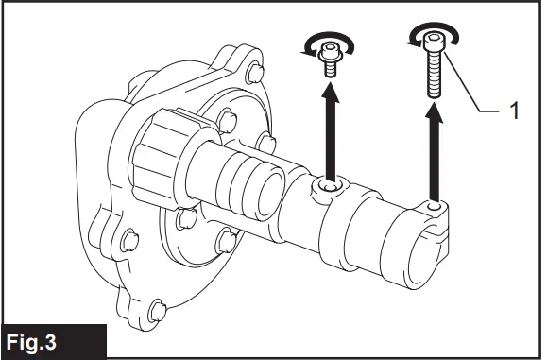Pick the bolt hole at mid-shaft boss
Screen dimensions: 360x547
(326, 189)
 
